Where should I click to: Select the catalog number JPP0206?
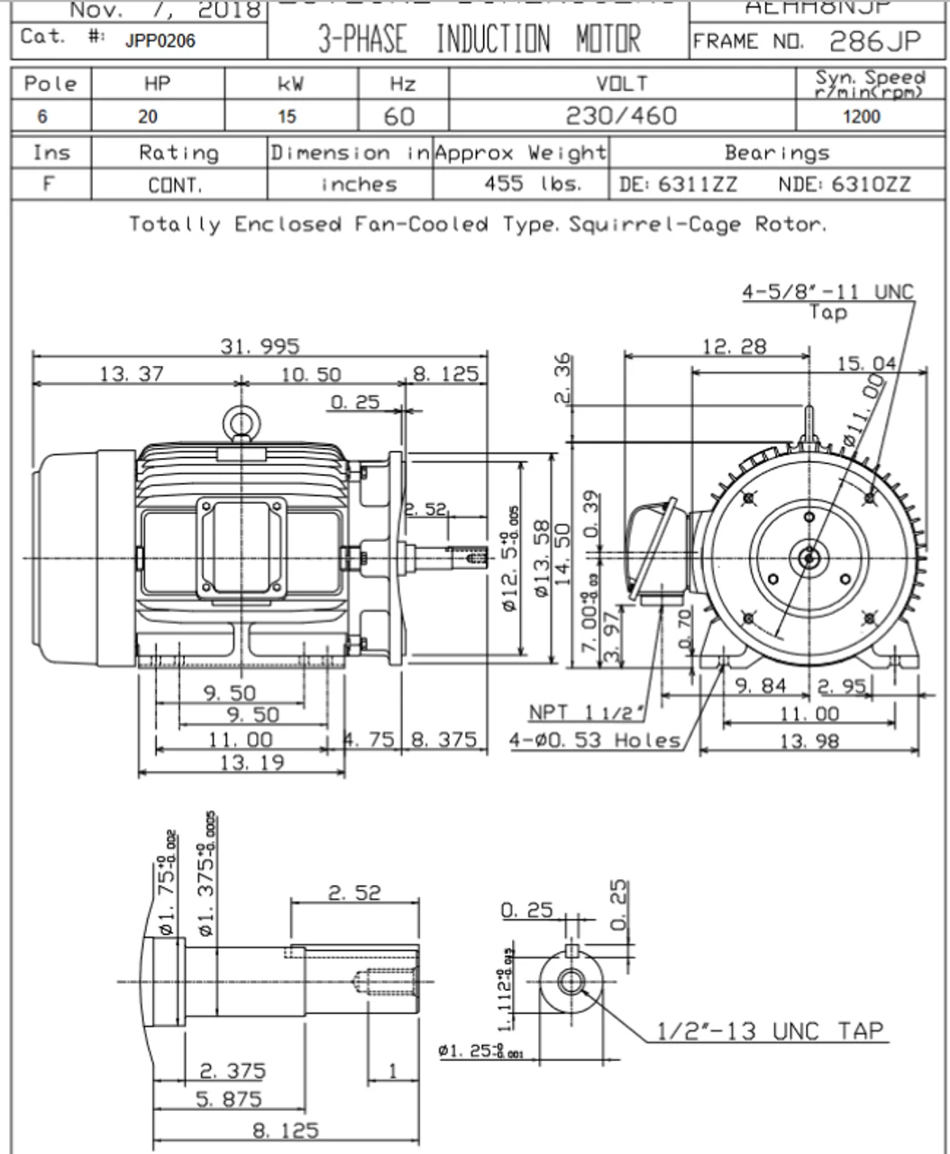tap(160, 41)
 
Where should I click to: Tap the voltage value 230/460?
tap(622, 116)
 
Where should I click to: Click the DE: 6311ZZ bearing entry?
tap(678, 185)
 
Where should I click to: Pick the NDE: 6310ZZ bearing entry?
tap(844, 185)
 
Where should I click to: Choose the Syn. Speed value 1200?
tap(861, 116)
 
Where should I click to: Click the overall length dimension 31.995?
tap(260, 346)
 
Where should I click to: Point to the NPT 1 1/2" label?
tap(587, 712)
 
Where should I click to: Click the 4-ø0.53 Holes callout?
tap(595, 740)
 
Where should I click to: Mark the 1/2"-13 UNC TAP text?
tap(770, 1030)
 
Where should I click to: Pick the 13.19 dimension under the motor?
tap(251, 763)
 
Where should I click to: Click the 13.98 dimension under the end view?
tap(808, 740)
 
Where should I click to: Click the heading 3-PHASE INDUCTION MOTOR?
tap(479, 40)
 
